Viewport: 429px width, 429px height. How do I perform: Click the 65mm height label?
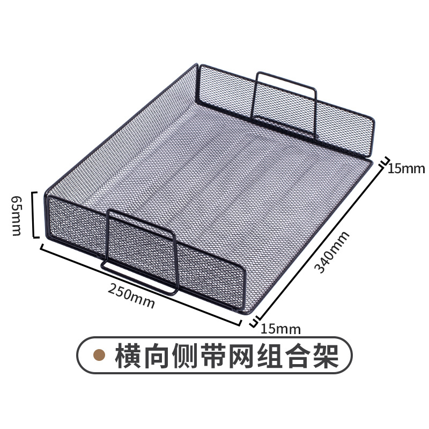pos(16,214)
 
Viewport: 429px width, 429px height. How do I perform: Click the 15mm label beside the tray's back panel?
pos(406,169)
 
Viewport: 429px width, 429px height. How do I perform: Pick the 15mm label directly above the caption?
pos(281,328)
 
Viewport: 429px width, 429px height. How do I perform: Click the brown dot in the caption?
pos(99,356)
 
